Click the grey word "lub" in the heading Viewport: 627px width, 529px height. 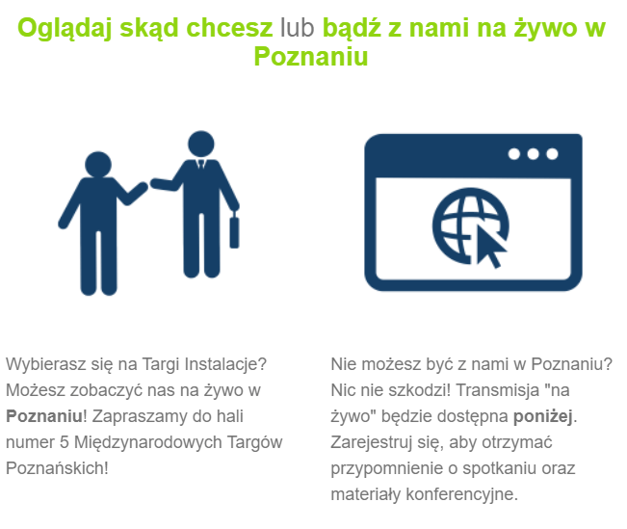[x=297, y=28]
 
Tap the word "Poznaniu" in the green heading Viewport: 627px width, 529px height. [x=311, y=57]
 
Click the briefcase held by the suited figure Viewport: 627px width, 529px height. [x=234, y=231]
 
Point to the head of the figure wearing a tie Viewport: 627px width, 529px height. [x=201, y=144]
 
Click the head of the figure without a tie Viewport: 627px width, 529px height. [x=98, y=165]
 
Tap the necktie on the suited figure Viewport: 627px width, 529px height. [x=201, y=165]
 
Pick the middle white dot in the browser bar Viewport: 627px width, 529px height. [x=533, y=154]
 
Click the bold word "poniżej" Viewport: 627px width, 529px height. [x=542, y=416]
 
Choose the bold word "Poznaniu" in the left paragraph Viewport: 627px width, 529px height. [x=44, y=416]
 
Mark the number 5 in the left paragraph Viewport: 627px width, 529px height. [x=64, y=442]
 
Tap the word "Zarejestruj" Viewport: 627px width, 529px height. [x=371, y=442]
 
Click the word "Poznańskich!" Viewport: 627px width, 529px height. [x=57, y=468]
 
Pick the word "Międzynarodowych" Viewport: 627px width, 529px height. [x=148, y=442]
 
